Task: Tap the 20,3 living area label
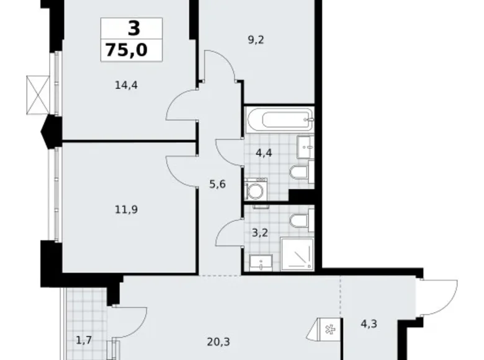[x=215, y=340]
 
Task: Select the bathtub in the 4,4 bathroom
[x=279, y=117]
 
